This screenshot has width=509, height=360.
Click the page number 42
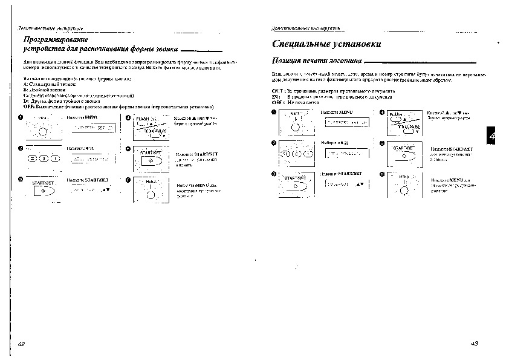(22, 343)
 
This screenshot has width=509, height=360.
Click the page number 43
(474, 343)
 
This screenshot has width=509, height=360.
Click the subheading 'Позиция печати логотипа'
(317, 61)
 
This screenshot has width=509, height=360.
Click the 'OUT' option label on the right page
(277, 90)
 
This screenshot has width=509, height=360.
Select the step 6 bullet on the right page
(382, 174)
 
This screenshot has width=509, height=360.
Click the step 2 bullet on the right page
(274, 143)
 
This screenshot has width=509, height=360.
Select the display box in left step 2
(92, 159)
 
